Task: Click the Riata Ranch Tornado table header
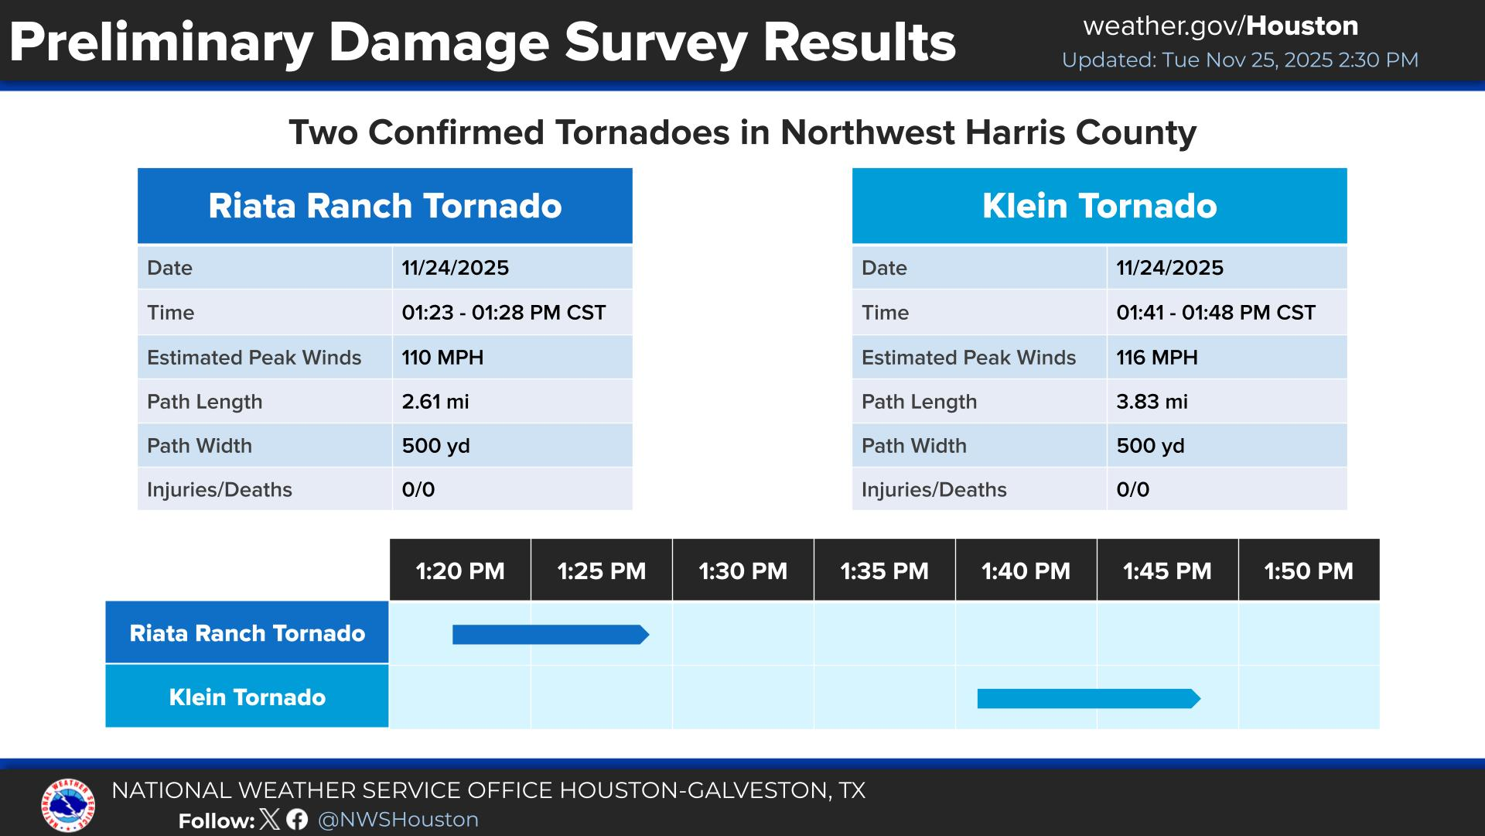tap(384, 206)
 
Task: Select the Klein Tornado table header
tap(1099, 206)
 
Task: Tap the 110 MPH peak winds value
tap(442, 358)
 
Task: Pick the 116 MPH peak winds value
tap(1157, 358)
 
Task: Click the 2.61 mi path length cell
tap(435, 402)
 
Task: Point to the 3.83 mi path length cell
tap(1152, 402)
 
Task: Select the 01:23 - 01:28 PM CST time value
tap(504, 313)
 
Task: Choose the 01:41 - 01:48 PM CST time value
tap(1216, 313)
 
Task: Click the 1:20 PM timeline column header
tap(460, 571)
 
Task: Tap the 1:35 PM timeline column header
tap(884, 571)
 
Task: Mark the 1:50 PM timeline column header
tap(1309, 571)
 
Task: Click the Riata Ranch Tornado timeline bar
tap(550, 635)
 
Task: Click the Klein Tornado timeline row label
tap(247, 697)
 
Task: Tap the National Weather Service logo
tap(68, 805)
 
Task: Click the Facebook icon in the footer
tap(297, 820)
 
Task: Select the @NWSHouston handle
tap(398, 820)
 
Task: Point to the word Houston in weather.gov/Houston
tap(1302, 26)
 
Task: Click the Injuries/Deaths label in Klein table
tap(934, 490)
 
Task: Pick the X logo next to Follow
tap(270, 820)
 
